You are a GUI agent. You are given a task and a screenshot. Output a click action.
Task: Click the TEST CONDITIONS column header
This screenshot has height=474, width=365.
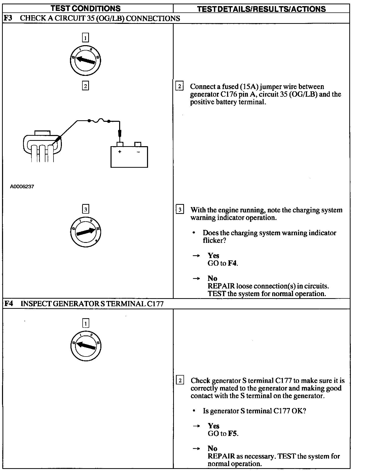click(86, 8)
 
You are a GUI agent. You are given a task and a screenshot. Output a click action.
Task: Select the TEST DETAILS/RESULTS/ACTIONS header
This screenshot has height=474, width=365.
click(261, 9)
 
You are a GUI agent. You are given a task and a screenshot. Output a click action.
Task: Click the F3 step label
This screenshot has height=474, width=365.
click(8, 18)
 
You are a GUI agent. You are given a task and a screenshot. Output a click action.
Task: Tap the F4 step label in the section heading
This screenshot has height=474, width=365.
click(9, 303)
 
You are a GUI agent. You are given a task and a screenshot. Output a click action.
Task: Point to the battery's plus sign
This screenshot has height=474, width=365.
click(120, 152)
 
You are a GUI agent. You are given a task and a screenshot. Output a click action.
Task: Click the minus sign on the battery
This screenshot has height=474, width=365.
click(138, 152)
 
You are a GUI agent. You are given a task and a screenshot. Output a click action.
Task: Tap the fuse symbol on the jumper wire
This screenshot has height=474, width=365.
click(99, 121)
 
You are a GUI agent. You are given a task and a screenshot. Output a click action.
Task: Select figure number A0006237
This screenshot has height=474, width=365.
click(22, 187)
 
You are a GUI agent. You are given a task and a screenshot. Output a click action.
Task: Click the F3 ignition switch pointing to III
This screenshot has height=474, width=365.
click(86, 232)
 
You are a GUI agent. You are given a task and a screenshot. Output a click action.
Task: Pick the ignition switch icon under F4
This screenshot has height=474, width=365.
click(86, 346)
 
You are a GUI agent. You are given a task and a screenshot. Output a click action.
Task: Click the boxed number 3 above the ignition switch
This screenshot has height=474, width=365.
click(86, 209)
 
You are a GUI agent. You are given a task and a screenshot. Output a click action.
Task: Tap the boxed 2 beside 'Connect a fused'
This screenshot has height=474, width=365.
click(179, 86)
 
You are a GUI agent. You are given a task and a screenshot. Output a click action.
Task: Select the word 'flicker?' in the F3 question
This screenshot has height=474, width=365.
click(214, 240)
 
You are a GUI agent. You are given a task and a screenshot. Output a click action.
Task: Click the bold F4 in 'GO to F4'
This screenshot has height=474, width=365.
click(232, 263)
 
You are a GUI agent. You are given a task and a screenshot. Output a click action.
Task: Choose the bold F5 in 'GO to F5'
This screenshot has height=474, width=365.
click(233, 433)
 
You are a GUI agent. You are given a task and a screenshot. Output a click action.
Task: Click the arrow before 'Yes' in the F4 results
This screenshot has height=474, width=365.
click(196, 426)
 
